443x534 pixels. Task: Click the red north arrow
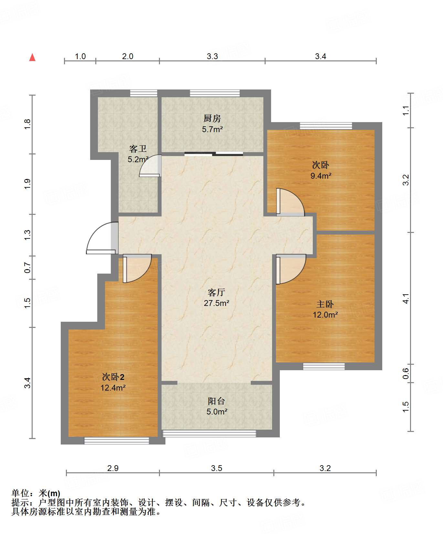point(32,57)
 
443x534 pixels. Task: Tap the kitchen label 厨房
point(212,118)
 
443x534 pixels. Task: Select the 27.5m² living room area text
point(216,303)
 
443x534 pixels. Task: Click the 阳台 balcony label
point(216,401)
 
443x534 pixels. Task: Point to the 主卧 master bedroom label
point(325,304)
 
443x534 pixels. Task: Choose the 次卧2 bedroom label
point(113,377)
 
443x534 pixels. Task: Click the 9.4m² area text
point(321,176)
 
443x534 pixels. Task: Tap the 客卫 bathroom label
point(138,149)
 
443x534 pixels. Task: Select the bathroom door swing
point(150,166)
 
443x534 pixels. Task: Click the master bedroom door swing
point(291,269)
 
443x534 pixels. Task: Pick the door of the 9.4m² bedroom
point(290,202)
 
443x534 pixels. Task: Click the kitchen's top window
point(215,93)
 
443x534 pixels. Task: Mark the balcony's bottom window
point(209,434)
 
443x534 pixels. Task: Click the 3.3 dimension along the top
point(212,56)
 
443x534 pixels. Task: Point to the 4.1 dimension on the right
point(406,298)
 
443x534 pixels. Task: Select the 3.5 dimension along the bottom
point(216,468)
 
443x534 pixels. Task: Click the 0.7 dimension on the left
point(27,267)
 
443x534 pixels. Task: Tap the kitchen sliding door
point(214,154)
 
